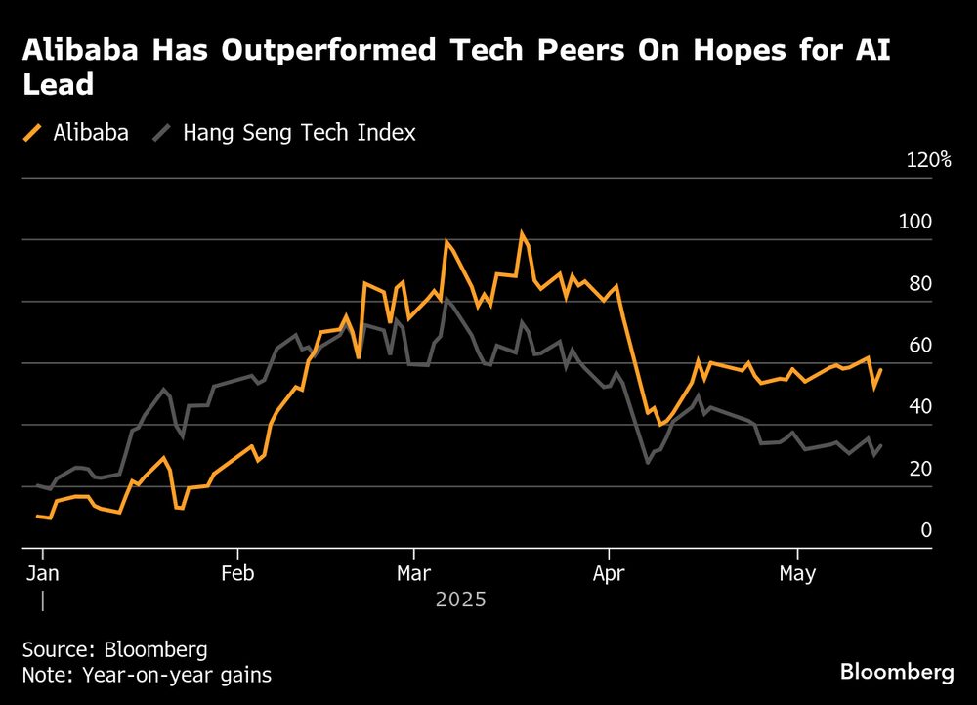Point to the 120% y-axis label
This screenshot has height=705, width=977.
[x=928, y=160]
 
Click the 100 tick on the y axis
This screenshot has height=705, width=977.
[x=915, y=222]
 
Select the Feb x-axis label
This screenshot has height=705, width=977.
[x=237, y=573]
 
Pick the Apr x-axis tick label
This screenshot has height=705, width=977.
[x=609, y=573]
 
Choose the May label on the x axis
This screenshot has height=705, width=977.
[x=797, y=573]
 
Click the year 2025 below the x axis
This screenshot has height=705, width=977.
[x=460, y=600]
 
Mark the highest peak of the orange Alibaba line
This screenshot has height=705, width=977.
[x=522, y=232]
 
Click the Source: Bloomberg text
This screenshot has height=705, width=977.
[x=114, y=650]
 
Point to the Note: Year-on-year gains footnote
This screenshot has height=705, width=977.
[x=147, y=674]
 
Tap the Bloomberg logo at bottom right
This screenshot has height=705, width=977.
[x=897, y=672]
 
